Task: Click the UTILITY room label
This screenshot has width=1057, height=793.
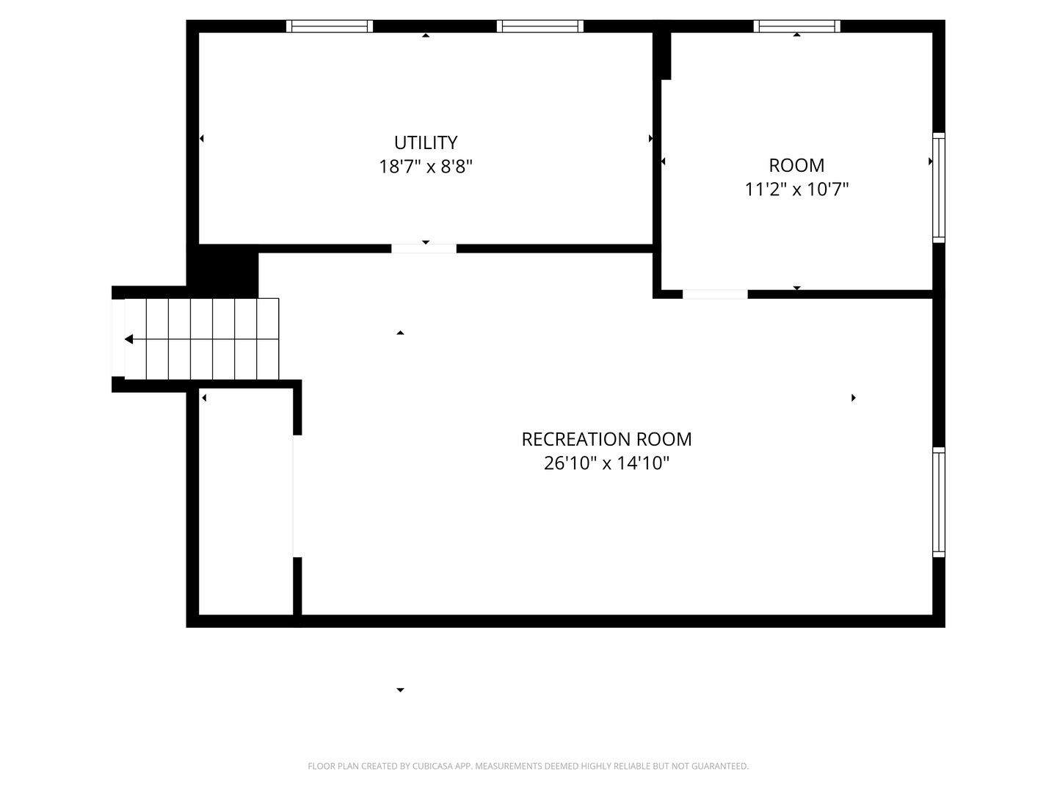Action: click(x=426, y=142)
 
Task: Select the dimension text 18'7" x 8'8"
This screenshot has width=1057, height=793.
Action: click(x=426, y=167)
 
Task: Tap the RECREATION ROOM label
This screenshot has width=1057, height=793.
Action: click(x=606, y=439)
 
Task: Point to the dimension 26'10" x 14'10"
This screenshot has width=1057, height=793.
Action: click(x=606, y=463)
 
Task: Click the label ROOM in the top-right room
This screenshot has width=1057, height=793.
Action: click(x=796, y=165)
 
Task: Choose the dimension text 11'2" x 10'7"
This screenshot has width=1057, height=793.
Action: click(x=796, y=189)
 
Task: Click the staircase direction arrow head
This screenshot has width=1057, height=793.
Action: click(x=129, y=339)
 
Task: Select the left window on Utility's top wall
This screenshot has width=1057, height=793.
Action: click(x=330, y=26)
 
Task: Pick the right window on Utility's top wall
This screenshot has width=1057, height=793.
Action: click(x=540, y=26)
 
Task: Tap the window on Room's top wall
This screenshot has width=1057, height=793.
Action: click(x=797, y=26)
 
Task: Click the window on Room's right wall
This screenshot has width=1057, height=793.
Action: click(x=939, y=187)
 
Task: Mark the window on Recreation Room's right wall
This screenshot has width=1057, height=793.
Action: click(x=939, y=502)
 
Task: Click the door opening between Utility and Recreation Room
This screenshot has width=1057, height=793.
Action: click(x=424, y=249)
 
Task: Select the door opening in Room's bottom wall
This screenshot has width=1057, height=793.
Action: click(x=715, y=294)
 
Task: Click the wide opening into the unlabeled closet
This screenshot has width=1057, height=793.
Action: click(x=297, y=496)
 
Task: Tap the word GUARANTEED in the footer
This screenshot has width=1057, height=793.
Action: click(x=722, y=767)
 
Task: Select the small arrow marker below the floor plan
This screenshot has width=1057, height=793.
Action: click(x=400, y=690)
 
